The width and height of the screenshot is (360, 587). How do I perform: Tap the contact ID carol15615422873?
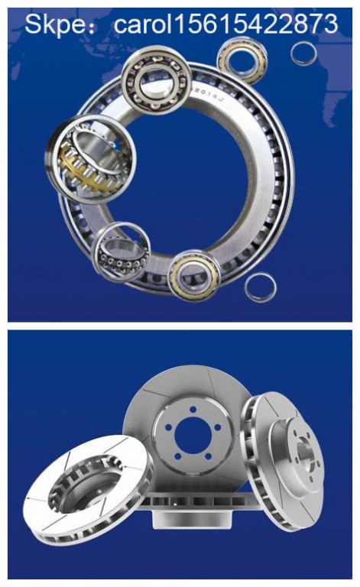[x=225, y=24]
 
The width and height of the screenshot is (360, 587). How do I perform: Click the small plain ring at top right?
[x=303, y=54]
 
